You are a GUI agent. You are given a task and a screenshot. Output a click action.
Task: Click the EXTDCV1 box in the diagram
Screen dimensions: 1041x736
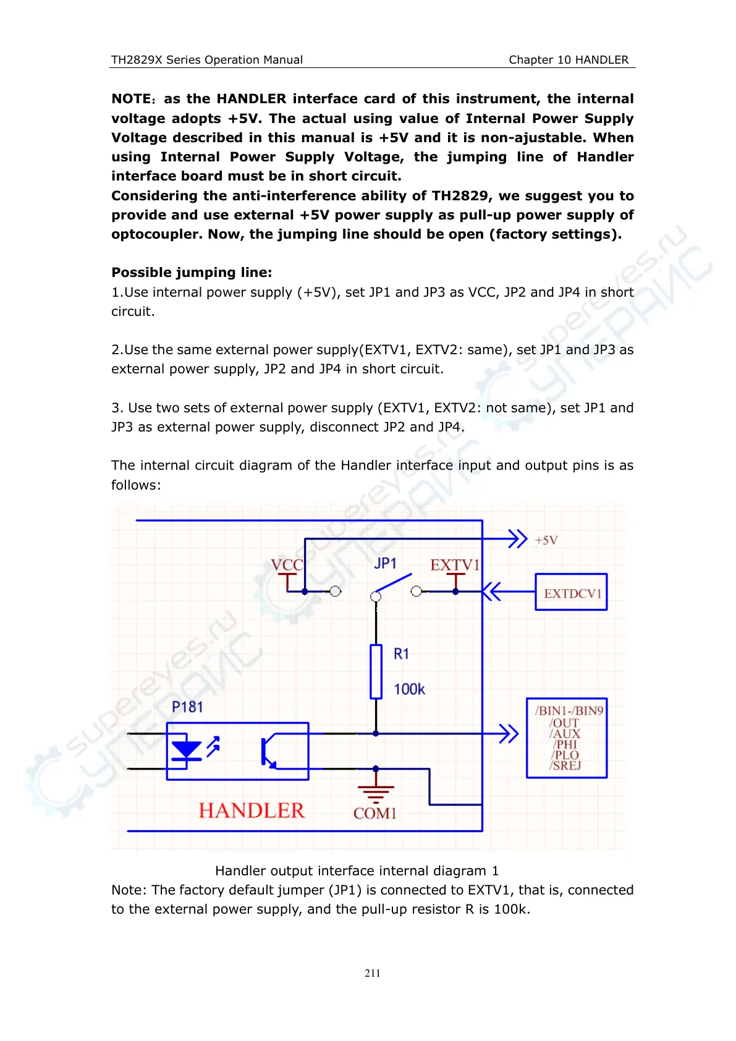(x=571, y=592)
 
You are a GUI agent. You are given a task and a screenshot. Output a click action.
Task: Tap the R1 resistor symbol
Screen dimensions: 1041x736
(x=376, y=671)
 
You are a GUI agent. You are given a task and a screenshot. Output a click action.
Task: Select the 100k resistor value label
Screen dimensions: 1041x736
(x=409, y=689)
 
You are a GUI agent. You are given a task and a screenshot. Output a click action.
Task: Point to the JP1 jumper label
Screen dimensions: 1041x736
(x=385, y=563)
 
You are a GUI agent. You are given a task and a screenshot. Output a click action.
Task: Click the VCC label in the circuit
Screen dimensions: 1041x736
(x=287, y=564)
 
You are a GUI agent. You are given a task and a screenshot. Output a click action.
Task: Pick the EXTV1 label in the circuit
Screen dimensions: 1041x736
(x=454, y=565)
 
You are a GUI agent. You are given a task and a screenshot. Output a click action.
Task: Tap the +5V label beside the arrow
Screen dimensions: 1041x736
(x=546, y=540)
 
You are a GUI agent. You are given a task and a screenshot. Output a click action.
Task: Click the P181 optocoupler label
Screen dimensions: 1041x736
(x=187, y=707)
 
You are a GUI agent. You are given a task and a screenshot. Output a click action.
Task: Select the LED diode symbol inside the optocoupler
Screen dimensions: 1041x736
(x=186, y=750)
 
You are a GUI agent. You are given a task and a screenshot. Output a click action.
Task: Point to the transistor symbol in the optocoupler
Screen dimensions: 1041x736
(x=268, y=752)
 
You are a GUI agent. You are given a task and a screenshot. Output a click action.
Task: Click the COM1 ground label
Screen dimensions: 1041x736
(x=374, y=814)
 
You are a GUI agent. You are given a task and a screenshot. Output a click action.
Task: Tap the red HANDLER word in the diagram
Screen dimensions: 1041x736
(x=252, y=810)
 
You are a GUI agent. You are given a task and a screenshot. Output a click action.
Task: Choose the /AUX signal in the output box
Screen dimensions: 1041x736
(x=565, y=734)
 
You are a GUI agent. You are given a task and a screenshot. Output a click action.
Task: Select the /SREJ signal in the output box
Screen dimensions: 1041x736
(x=565, y=765)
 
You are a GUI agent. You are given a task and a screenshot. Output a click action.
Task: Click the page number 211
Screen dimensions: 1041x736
(x=373, y=973)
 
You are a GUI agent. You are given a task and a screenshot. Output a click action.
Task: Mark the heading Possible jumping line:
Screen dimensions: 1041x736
(x=192, y=273)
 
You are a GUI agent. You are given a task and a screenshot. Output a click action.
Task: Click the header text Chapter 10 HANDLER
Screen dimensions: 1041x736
(x=569, y=60)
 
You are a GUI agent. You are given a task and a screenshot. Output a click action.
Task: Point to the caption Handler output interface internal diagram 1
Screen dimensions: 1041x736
(x=357, y=870)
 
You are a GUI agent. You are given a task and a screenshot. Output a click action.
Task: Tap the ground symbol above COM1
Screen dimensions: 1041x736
(x=375, y=790)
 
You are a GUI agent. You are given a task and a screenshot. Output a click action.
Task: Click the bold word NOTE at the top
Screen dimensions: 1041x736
(x=131, y=99)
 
